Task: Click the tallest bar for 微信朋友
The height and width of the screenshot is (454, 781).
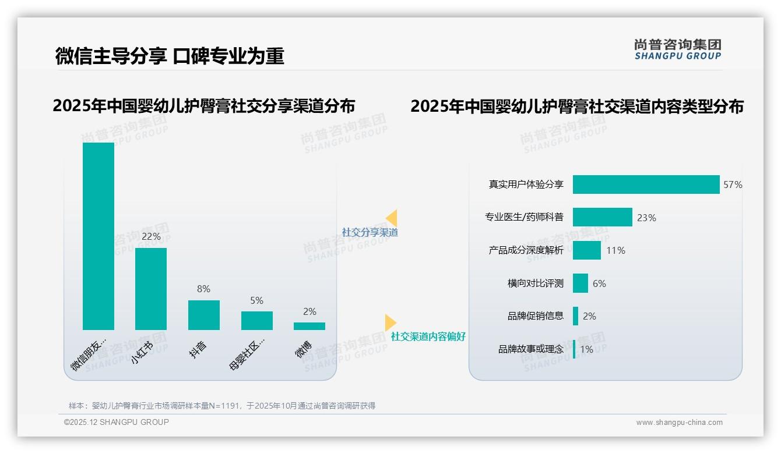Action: [x=98, y=236]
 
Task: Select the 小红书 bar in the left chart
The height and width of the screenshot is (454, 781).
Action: [x=151, y=289]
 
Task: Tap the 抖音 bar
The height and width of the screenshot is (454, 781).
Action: [x=204, y=315]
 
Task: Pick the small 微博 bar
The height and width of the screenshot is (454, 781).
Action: [x=309, y=326]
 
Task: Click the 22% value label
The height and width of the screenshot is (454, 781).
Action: [x=151, y=237]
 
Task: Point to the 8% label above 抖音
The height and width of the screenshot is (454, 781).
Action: [x=204, y=289]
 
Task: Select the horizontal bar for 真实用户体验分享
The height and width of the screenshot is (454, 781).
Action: [x=646, y=185]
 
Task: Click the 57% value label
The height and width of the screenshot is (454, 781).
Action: [x=733, y=185]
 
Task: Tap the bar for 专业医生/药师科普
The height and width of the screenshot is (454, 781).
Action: [x=602, y=217]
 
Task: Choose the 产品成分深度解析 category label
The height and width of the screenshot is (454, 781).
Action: [x=526, y=250]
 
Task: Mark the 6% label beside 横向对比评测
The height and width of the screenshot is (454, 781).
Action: [x=599, y=284]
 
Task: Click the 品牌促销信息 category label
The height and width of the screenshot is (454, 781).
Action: [x=535, y=316]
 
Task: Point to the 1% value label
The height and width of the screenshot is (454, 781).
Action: [x=586, y=350]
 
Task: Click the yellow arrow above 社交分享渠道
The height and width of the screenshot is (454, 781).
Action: [x=391, y=218]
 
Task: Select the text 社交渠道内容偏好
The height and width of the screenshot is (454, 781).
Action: [x=428, y=337]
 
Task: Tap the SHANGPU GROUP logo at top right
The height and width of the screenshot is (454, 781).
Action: [x=677, y=49]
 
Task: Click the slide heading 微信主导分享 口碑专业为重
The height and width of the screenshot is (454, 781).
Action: [x=170, y=56]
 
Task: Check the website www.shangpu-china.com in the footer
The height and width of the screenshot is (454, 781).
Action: [x=679, y=423]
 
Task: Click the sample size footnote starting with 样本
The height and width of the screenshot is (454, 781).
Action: [x=222, y=406]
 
